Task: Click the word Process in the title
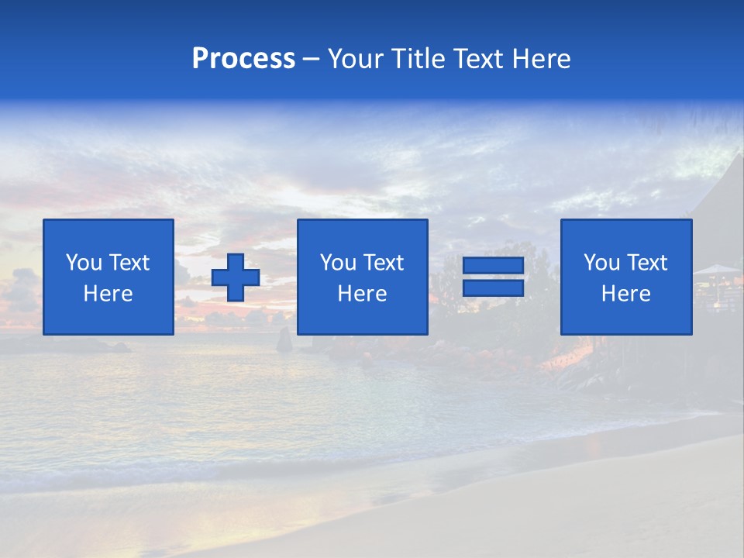(243, 59)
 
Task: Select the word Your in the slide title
(354, 59)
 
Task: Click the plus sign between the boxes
(236, 277)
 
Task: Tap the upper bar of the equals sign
(493, 266)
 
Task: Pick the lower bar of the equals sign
(493, 288)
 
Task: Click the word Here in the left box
(108, 294)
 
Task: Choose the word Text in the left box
(129, 263)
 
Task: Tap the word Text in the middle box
(383, 263)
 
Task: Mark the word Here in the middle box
(363, 294)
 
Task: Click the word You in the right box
(601, 263)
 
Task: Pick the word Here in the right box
(626, 294)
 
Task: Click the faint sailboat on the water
(284, 339)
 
